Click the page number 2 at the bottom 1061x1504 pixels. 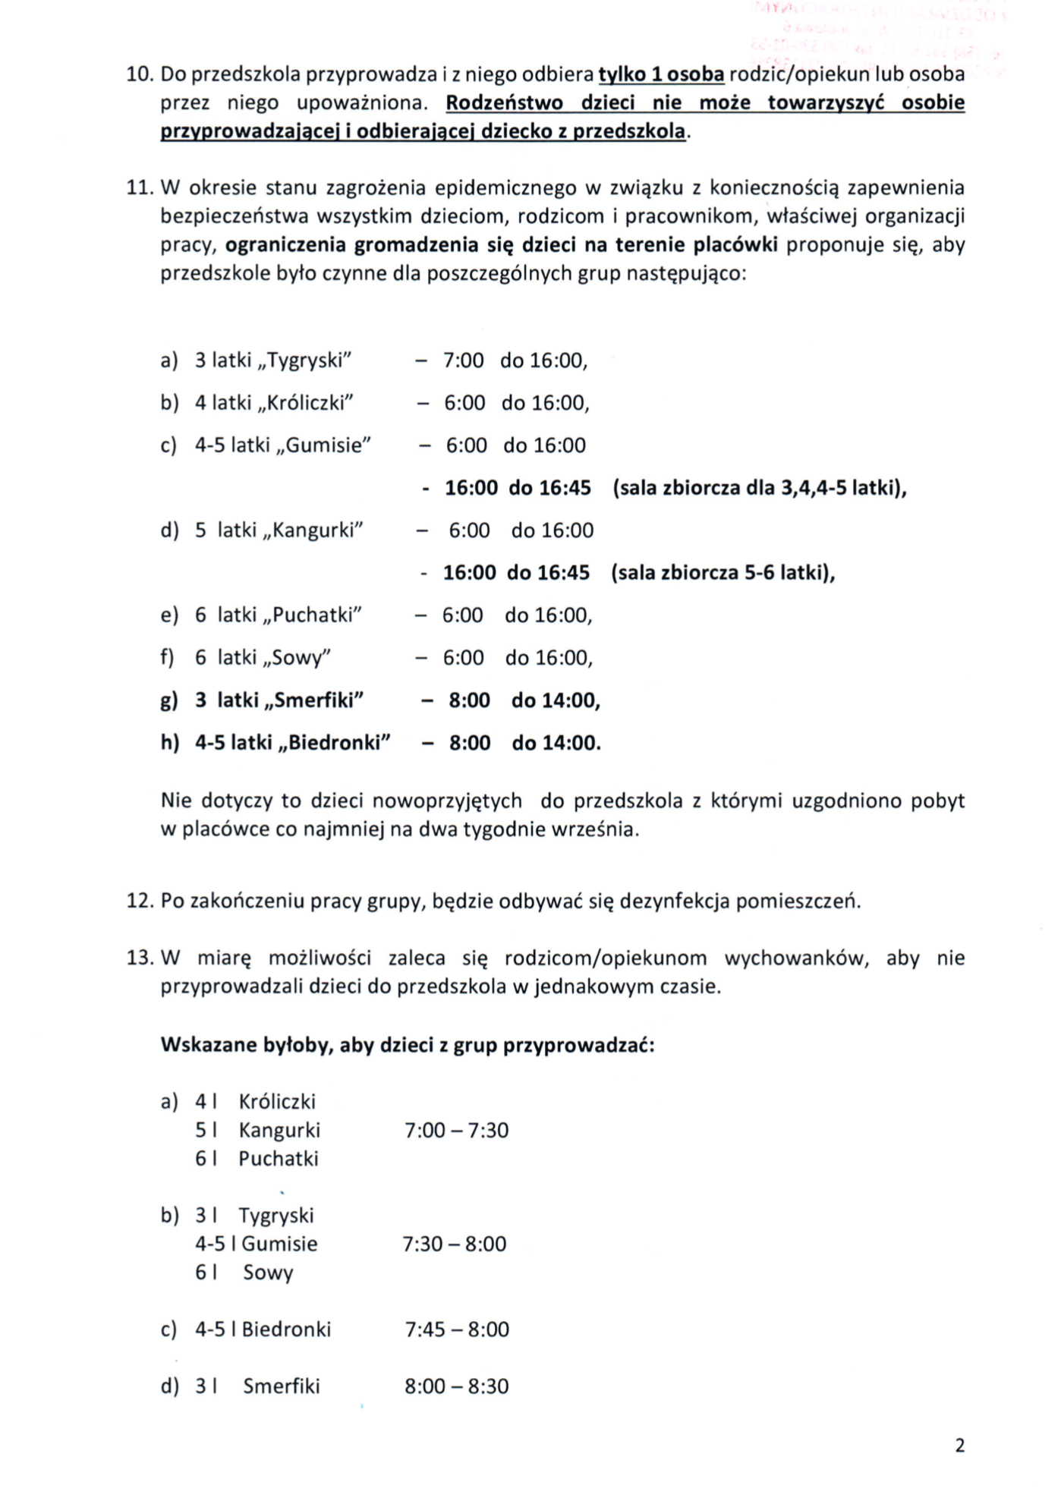point(959,1446)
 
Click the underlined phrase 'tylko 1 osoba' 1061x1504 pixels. point(661,74)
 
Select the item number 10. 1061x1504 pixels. point(140,74)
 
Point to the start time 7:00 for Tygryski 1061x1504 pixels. point(463,360)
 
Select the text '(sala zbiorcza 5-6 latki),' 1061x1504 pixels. point(723,573)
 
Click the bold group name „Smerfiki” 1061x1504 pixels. point(314,700)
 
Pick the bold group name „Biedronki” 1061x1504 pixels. point(335,743)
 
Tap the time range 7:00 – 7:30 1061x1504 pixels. point(456,1131)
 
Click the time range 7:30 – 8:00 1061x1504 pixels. point(454,1244)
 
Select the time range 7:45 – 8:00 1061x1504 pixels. point(457,1329)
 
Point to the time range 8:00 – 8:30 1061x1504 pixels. point(456,1386)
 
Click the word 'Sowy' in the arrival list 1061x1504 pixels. point(268,1273)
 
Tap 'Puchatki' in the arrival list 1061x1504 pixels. point(279,1159)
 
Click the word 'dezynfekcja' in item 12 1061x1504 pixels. point(675,901)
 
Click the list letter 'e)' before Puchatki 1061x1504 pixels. point(169,615)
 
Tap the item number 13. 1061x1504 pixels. point(140,958)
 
